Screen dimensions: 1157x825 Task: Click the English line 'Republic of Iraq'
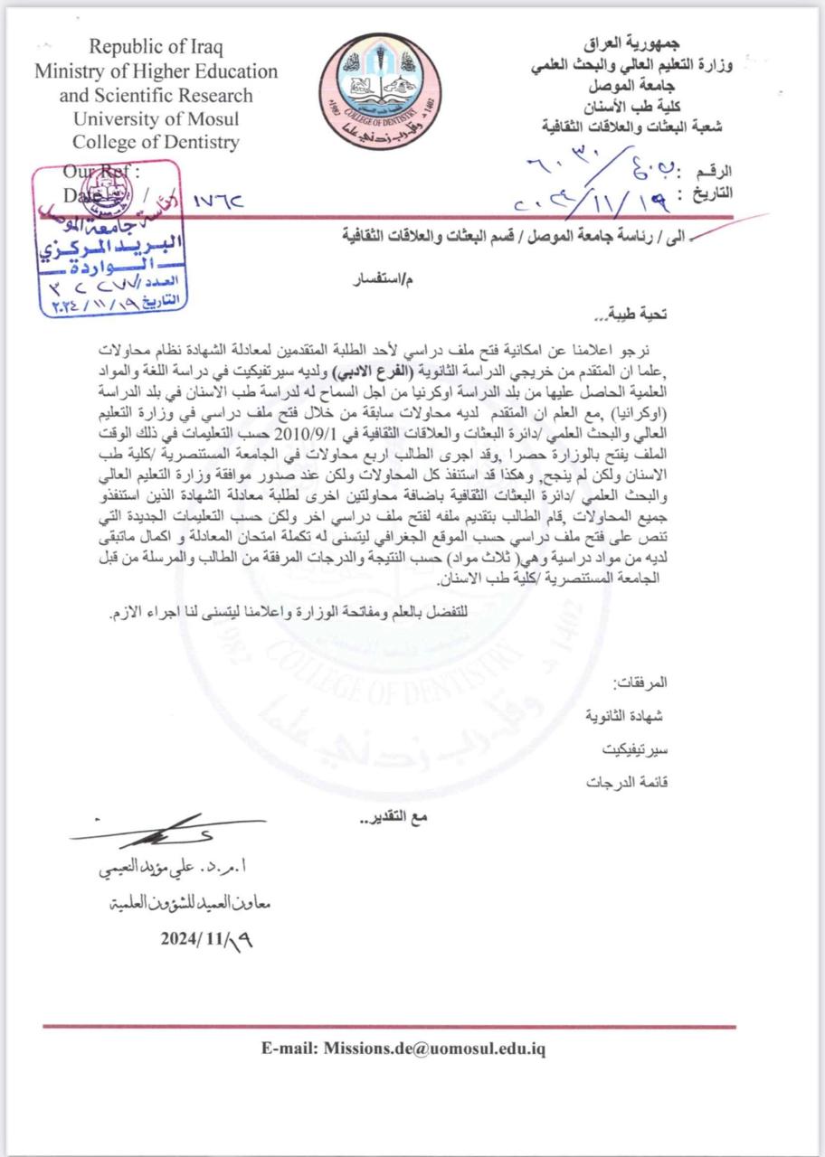point(156,47)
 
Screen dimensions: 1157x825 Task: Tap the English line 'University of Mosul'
point(156,118)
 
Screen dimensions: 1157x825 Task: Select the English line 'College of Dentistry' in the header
point(156,142)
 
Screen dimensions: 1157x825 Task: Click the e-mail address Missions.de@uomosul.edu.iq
point(403,1049)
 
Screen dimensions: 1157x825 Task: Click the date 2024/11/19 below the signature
point(207,937)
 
